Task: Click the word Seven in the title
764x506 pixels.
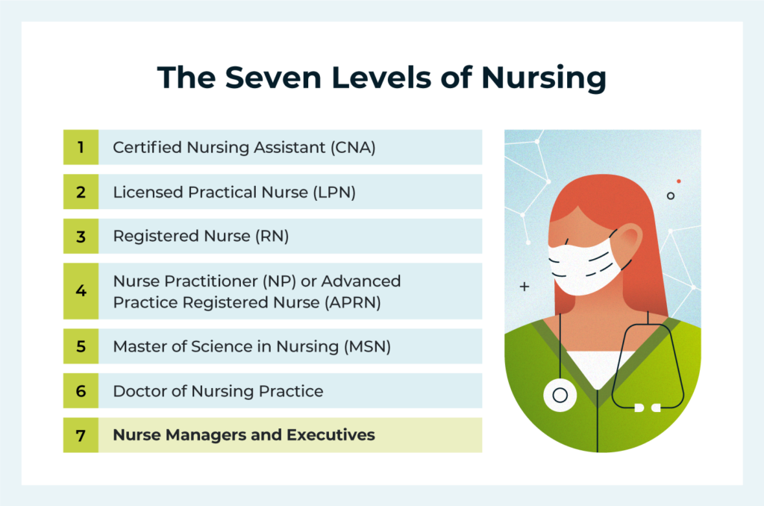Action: [x=263, y=78]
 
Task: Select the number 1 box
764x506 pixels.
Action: [x=81, y=147]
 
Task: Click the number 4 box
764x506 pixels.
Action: [x=81, y=291]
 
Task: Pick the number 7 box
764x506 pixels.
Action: [x=81, y=435]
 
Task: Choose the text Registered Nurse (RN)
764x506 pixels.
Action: [x=200, y=237]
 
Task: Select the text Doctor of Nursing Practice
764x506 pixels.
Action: [x=218, y=391]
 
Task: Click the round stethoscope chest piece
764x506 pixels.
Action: [x=560, y=393]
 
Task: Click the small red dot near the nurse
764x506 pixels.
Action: [x=678, y=181]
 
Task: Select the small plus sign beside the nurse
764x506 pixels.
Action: [x=524, y=286]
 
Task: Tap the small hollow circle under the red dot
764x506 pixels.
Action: [x=670, y=196]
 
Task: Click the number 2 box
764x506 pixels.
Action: [x=81, y=192]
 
